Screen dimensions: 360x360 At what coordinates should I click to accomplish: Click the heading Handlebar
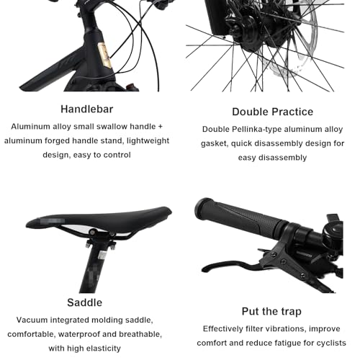pyautogui.click(x=86, y=109)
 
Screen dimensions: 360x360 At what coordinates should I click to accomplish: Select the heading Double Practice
pyautogui.click(x=272, y=112)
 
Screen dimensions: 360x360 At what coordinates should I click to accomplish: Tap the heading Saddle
pyautogui.click(x=84, y=302)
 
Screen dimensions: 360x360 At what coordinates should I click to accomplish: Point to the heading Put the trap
pyautogui.click(x=271, y=312)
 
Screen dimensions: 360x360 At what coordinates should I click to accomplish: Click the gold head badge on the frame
pyautogui.click(x=104, y=55)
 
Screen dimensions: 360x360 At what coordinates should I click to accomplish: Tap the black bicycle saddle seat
pyautogui.click(x=99, y=217)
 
